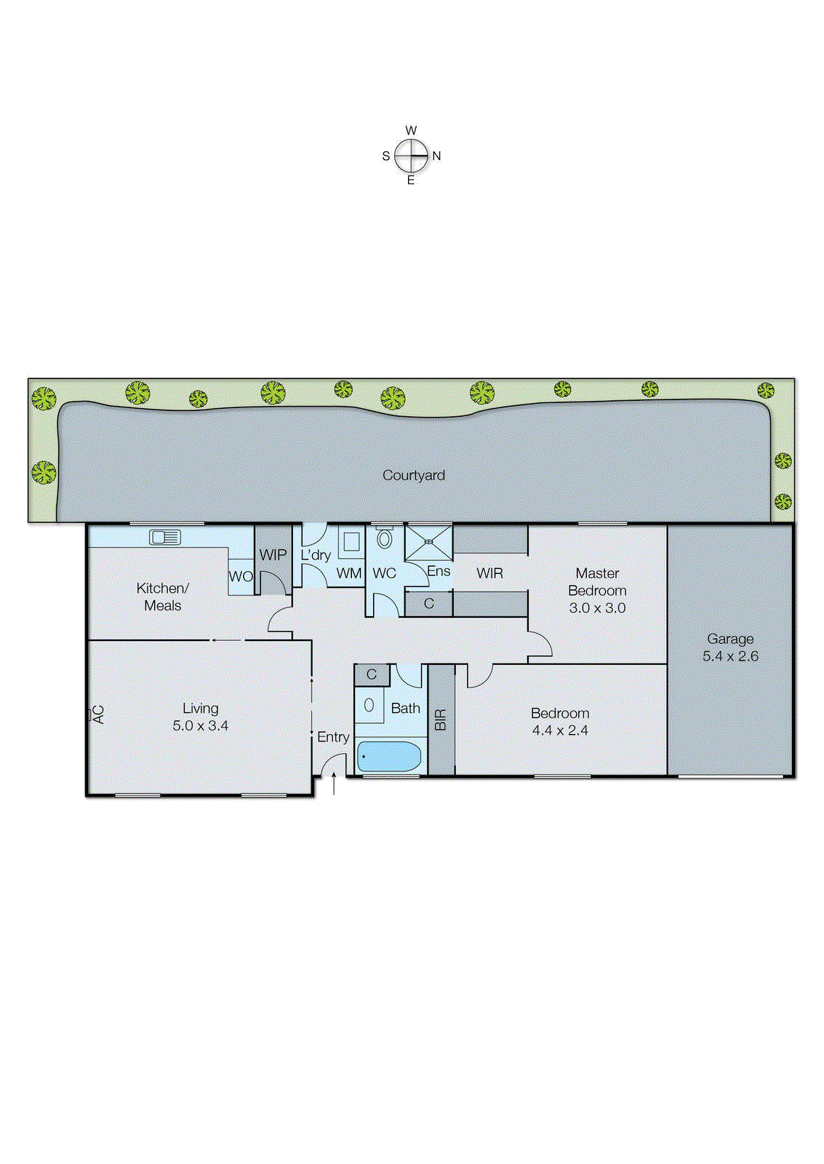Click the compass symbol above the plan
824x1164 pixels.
(x=412, y=156)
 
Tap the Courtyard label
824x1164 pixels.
(x=414, y=475)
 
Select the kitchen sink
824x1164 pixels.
(x=165, y=538)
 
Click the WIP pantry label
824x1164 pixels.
(x=273, y=554)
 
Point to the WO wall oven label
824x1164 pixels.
(x=241, y=576)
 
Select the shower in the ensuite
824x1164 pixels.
(x=428, y=542)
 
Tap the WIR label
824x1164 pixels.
(x=489, y=573)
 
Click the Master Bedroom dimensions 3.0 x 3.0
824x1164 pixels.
(x=597, y=608)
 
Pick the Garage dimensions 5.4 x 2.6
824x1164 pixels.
(x=730, y=656)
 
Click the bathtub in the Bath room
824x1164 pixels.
(x=389, y=757)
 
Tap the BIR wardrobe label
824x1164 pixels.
(x=441, y=719)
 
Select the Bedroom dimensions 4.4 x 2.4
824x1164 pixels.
(x=560, y=730)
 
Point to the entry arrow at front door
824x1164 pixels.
(x=334, y=784)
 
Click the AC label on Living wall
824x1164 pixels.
(x=98, y=714)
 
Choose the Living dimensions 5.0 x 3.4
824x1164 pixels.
(x=200, y=726)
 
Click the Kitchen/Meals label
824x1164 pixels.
(x=162, y=597)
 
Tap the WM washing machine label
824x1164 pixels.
(x=349, y=573)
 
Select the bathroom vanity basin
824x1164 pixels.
(x=369, y=705)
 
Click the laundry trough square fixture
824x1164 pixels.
(x=351, y=542)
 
